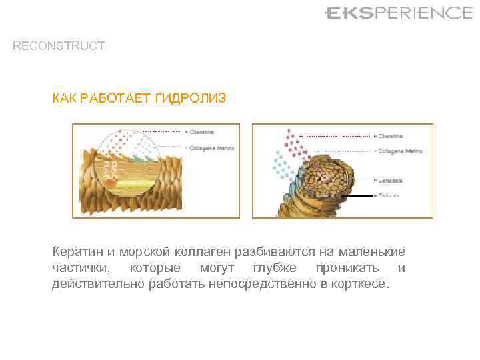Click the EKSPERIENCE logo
(x=398, y=13)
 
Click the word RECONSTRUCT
(x=59, y=46)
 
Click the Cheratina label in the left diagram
(x=203, y=131)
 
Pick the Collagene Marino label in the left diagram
(x=211, y=147)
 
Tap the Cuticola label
(x=389, y=195)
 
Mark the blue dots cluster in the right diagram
(x=284, y=163)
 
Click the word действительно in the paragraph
(x=90, y=284)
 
